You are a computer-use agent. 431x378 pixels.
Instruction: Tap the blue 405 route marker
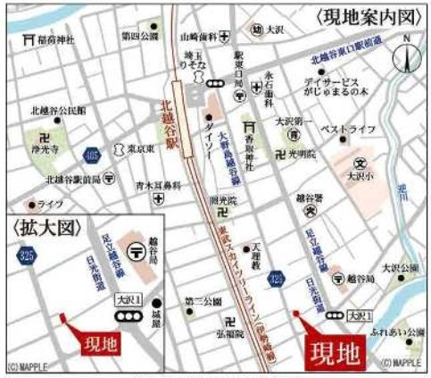pyautogui.click(x=92, y=155)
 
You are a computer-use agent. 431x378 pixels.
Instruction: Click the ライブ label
pyautogui.click(x=50, y=204)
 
